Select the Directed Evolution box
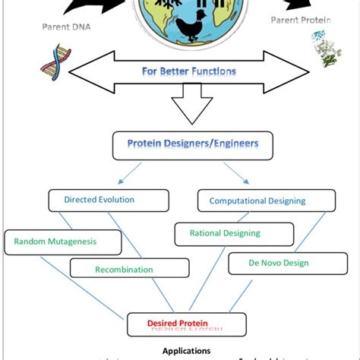[x=99, y=201]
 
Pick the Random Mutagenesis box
[x=62, y=242]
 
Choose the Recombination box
[x=123, y=268]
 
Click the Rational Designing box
[x=224, y=234]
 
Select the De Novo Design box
[x=278, y=264]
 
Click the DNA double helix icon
[x=50, y=66]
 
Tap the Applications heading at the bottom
[x=186, y=351]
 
